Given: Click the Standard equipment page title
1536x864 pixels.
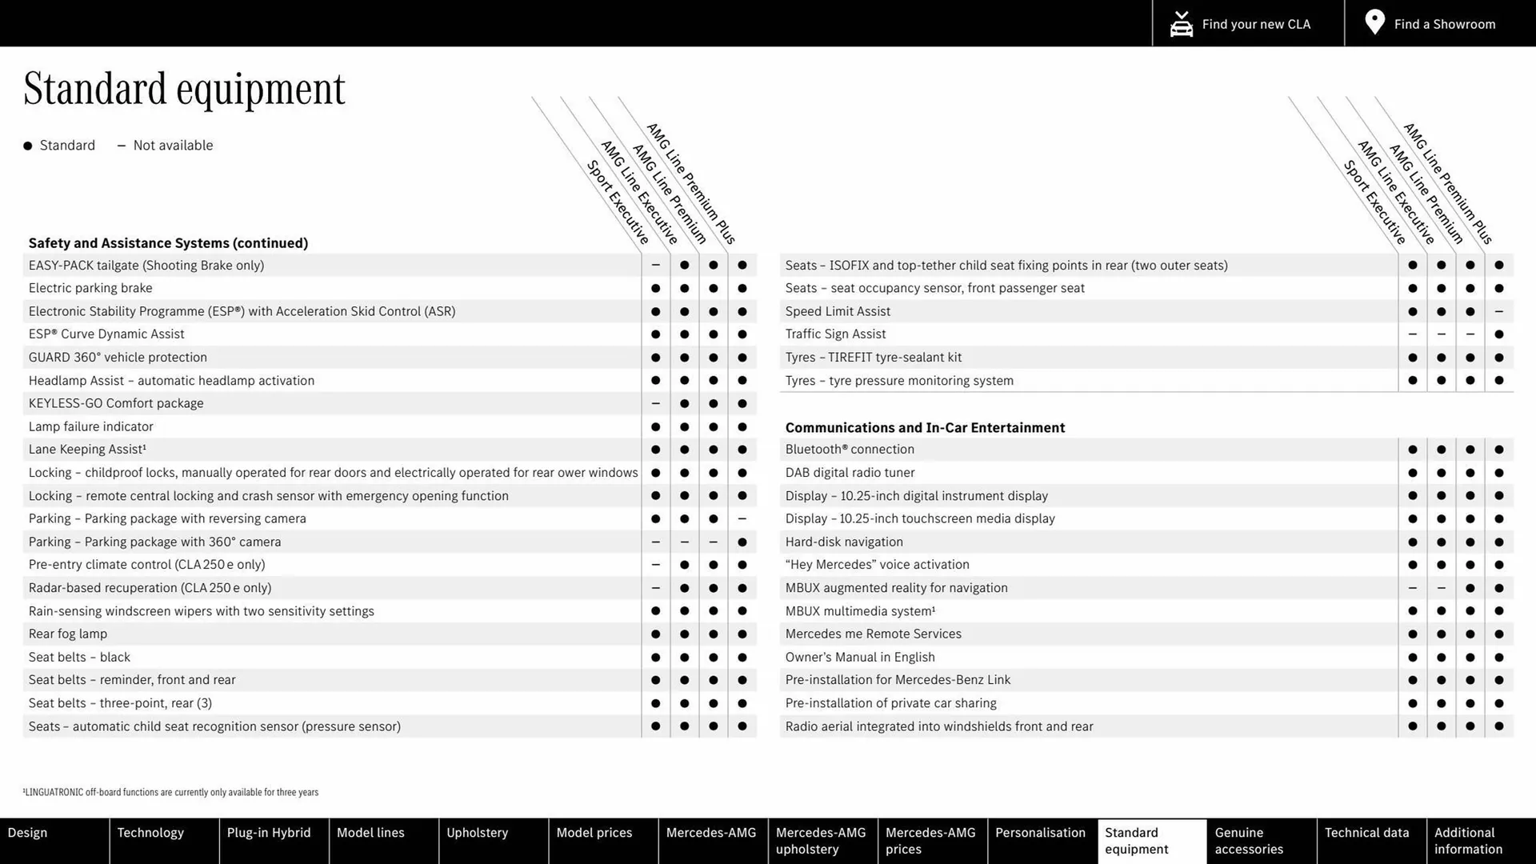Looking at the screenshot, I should (184, 89).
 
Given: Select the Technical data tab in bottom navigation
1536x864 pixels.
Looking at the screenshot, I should (1366, 833).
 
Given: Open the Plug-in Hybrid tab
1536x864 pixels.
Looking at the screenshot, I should (269, 833).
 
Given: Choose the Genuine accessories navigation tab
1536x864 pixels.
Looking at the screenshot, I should (1248, 841).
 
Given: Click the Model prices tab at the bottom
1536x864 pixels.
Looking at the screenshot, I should (594, 833).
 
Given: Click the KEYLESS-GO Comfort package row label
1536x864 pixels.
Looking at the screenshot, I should (116, 403).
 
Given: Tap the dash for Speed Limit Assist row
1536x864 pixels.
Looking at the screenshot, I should (1498, 311).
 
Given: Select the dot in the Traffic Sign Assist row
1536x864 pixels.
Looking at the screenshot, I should (1498, 334).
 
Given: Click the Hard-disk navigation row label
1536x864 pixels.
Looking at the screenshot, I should (844, 542).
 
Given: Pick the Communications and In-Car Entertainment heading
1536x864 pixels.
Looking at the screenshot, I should (925, 428).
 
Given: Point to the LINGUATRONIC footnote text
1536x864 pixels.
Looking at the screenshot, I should (171, 792).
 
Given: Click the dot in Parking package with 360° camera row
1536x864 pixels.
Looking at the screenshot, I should (742, 542).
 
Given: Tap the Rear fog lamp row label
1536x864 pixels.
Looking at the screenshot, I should (68, 634).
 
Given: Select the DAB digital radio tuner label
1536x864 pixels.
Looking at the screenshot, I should (850, 473).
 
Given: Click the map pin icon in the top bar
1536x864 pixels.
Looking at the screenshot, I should (1374, 22).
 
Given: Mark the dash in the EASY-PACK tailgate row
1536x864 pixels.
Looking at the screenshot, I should (655, 265).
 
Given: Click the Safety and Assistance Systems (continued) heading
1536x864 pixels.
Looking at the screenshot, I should (168, 243).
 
